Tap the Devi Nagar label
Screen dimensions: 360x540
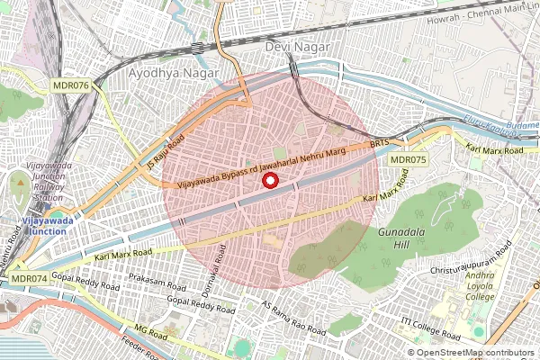297,46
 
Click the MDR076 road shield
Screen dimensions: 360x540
70,85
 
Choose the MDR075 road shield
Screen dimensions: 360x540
408,159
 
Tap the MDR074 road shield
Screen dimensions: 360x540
29,279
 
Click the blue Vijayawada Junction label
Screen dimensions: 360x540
47,223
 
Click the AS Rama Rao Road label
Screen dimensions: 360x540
292,319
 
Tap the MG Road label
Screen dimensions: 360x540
145,334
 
